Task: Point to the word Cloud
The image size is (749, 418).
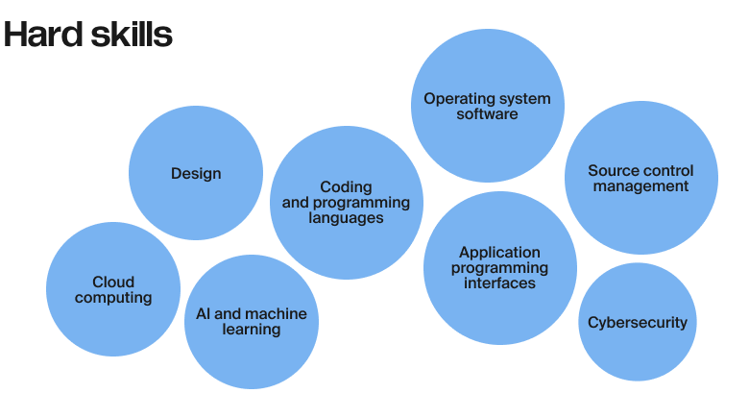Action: tap(113, 282)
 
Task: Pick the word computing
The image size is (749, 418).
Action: tap(113, 298)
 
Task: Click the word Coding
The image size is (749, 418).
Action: tap(346, 186)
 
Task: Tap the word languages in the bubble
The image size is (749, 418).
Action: tap(346, 218)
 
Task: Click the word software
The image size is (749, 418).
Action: tap(487, 114)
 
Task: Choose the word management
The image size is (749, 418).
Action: tap(640, 186)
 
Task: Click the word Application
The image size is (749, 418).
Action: tap(499, 252)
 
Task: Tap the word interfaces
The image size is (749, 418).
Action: tap(499, 283)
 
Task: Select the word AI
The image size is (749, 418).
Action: tap(205, 313)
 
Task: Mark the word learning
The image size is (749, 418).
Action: tap(252, 330)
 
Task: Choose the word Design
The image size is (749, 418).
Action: tap(196, 174)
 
